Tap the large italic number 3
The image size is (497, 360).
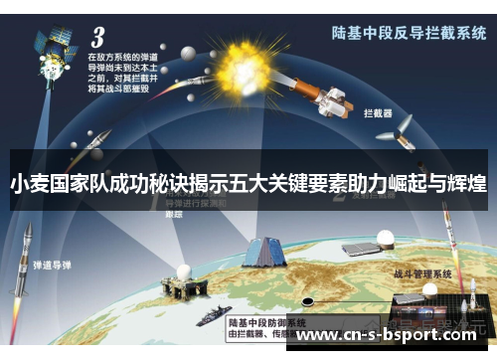[97, 38]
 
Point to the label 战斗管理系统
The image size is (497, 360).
[422, 271]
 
